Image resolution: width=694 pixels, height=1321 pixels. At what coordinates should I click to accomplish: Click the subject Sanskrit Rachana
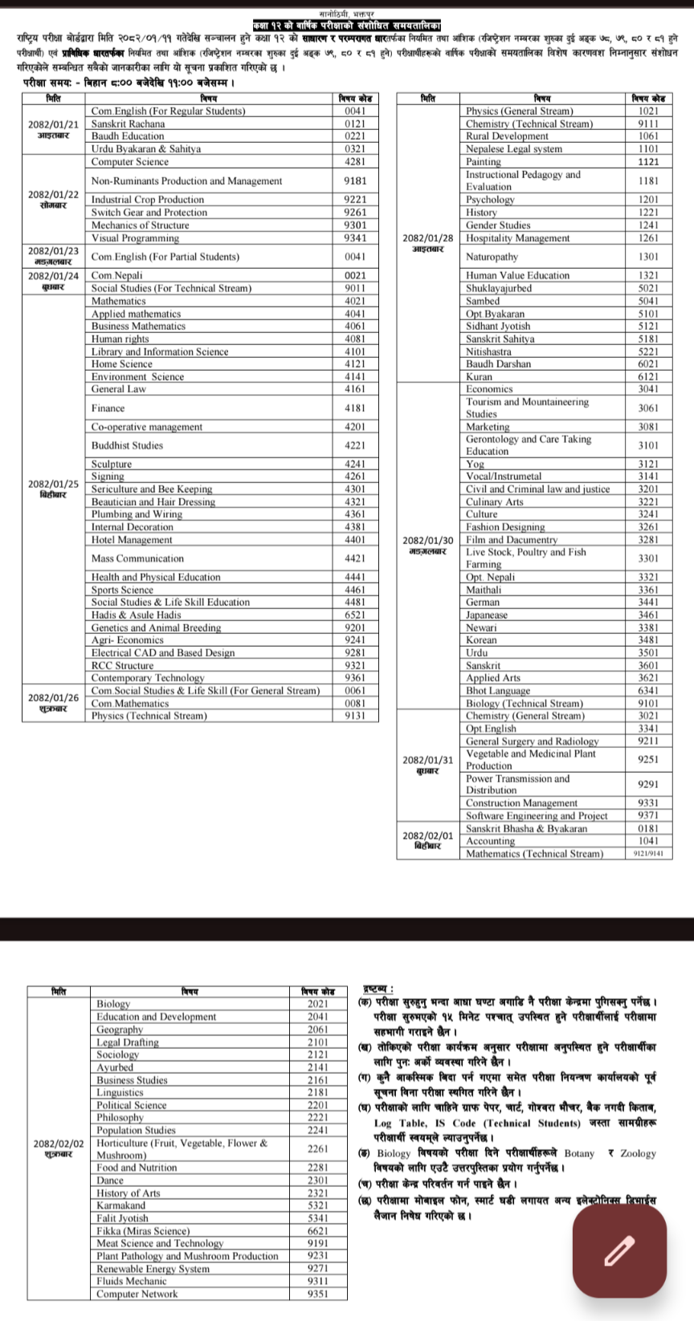point(128,124)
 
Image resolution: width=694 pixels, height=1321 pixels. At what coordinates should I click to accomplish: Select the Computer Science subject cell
point(129,161)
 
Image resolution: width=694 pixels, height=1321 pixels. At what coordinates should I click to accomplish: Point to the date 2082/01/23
point(54,251)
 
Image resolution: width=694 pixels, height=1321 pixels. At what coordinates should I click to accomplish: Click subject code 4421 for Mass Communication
point(354,558)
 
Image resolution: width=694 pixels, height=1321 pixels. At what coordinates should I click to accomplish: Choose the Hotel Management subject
point(132,539)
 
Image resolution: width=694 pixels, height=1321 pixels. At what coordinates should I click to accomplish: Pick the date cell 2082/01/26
point(54,697)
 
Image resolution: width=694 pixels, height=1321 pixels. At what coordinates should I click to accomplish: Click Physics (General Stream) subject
point(520,111)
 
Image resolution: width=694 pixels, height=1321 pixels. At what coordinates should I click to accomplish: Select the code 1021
point(648,111)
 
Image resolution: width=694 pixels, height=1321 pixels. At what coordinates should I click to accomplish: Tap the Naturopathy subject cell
point(492,257)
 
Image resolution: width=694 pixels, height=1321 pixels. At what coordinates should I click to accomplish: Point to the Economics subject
point(489,388)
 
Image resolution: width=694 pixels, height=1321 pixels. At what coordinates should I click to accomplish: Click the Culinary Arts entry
point(494,502)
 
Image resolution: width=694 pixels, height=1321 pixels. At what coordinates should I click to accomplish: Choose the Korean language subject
point(481,640)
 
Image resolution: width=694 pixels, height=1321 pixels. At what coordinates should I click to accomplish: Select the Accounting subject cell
point(490,841)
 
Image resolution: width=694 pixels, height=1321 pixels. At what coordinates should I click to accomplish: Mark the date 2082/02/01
point(428,835)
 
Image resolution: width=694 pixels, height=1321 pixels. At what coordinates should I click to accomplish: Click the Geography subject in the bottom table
point(120,1029)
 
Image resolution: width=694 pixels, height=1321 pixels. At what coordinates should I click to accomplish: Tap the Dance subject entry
point(110,1180)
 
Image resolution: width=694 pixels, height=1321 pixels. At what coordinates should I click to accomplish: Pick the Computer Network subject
point(137,1294)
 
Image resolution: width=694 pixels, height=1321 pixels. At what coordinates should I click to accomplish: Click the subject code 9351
point(318,1294)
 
